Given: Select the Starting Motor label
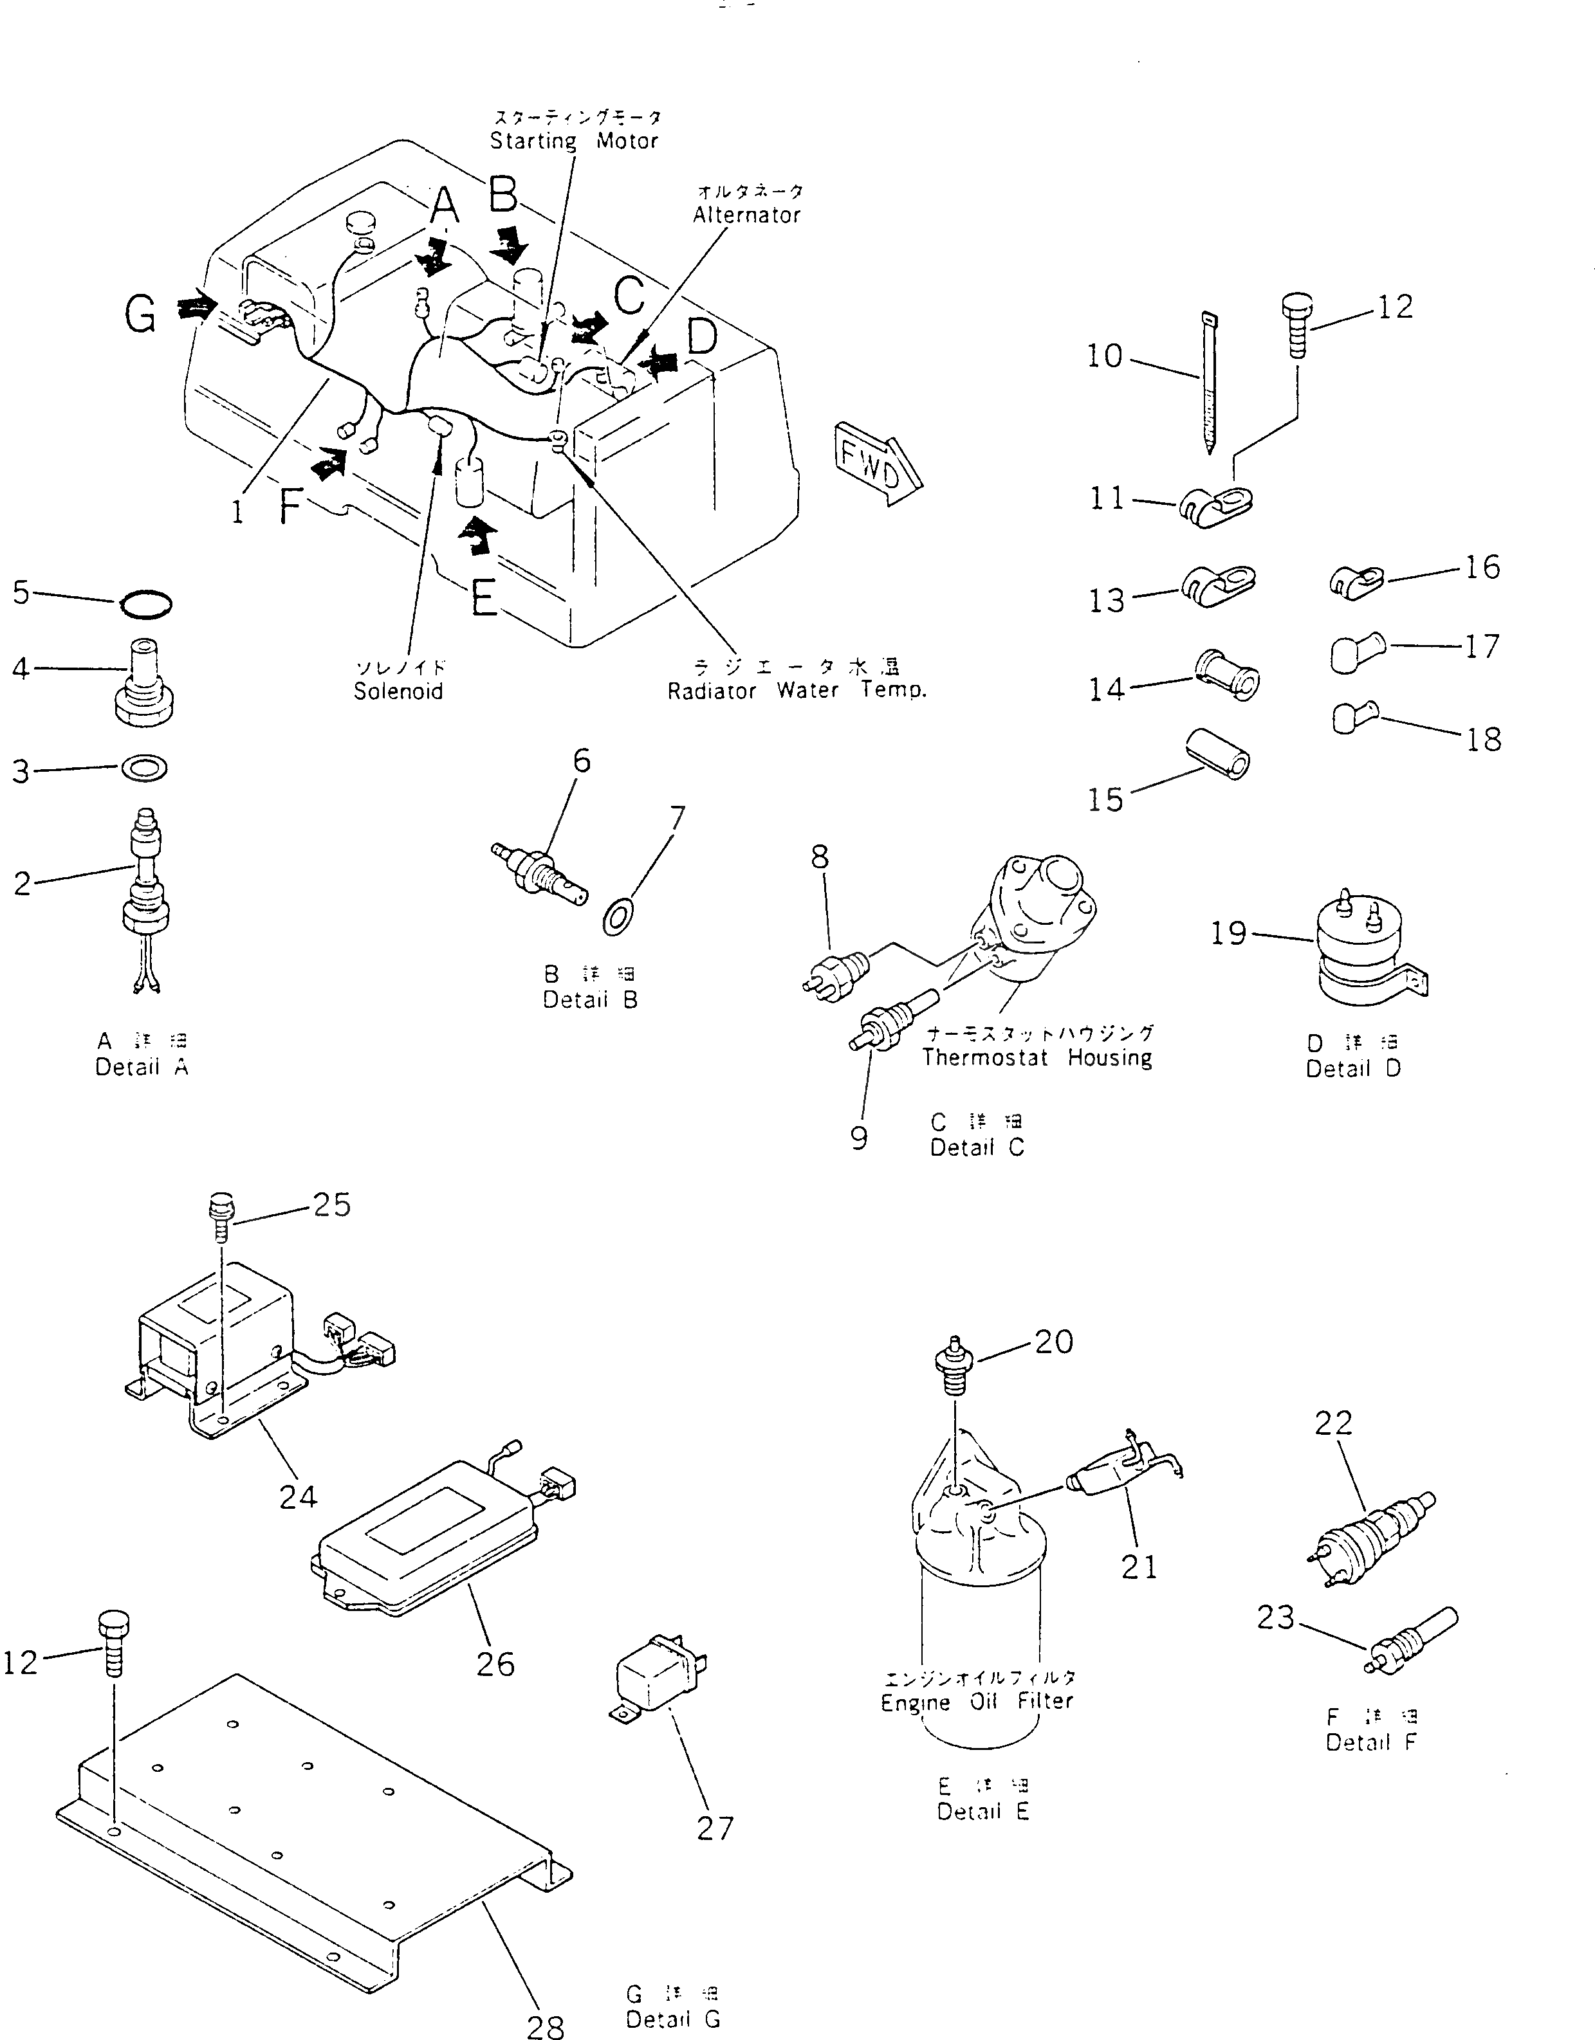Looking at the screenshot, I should (574, 141).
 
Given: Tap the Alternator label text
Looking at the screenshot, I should (746, 215).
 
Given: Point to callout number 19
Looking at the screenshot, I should (1229, 932).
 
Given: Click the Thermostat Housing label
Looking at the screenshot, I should (1037, 1057).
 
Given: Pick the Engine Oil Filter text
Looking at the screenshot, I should (977, 1701).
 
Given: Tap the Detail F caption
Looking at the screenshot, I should (1370, 1742).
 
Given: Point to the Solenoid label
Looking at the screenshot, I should (398, 691).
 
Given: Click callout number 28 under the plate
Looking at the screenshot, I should (546, 2025).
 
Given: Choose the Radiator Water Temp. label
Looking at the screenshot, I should (796, 691).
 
